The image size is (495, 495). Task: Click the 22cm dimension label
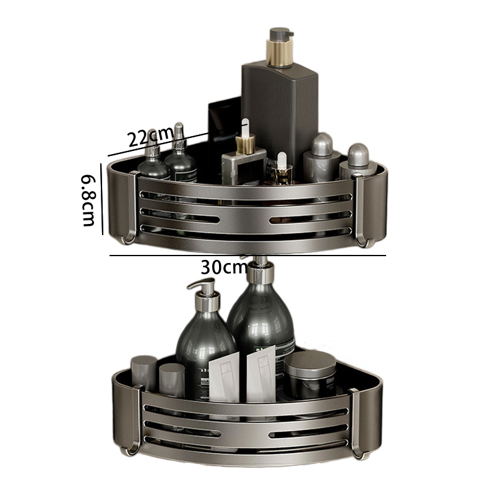(151, 137)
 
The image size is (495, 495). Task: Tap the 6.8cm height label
(88, 200)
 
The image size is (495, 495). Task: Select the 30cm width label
(224, 267)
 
